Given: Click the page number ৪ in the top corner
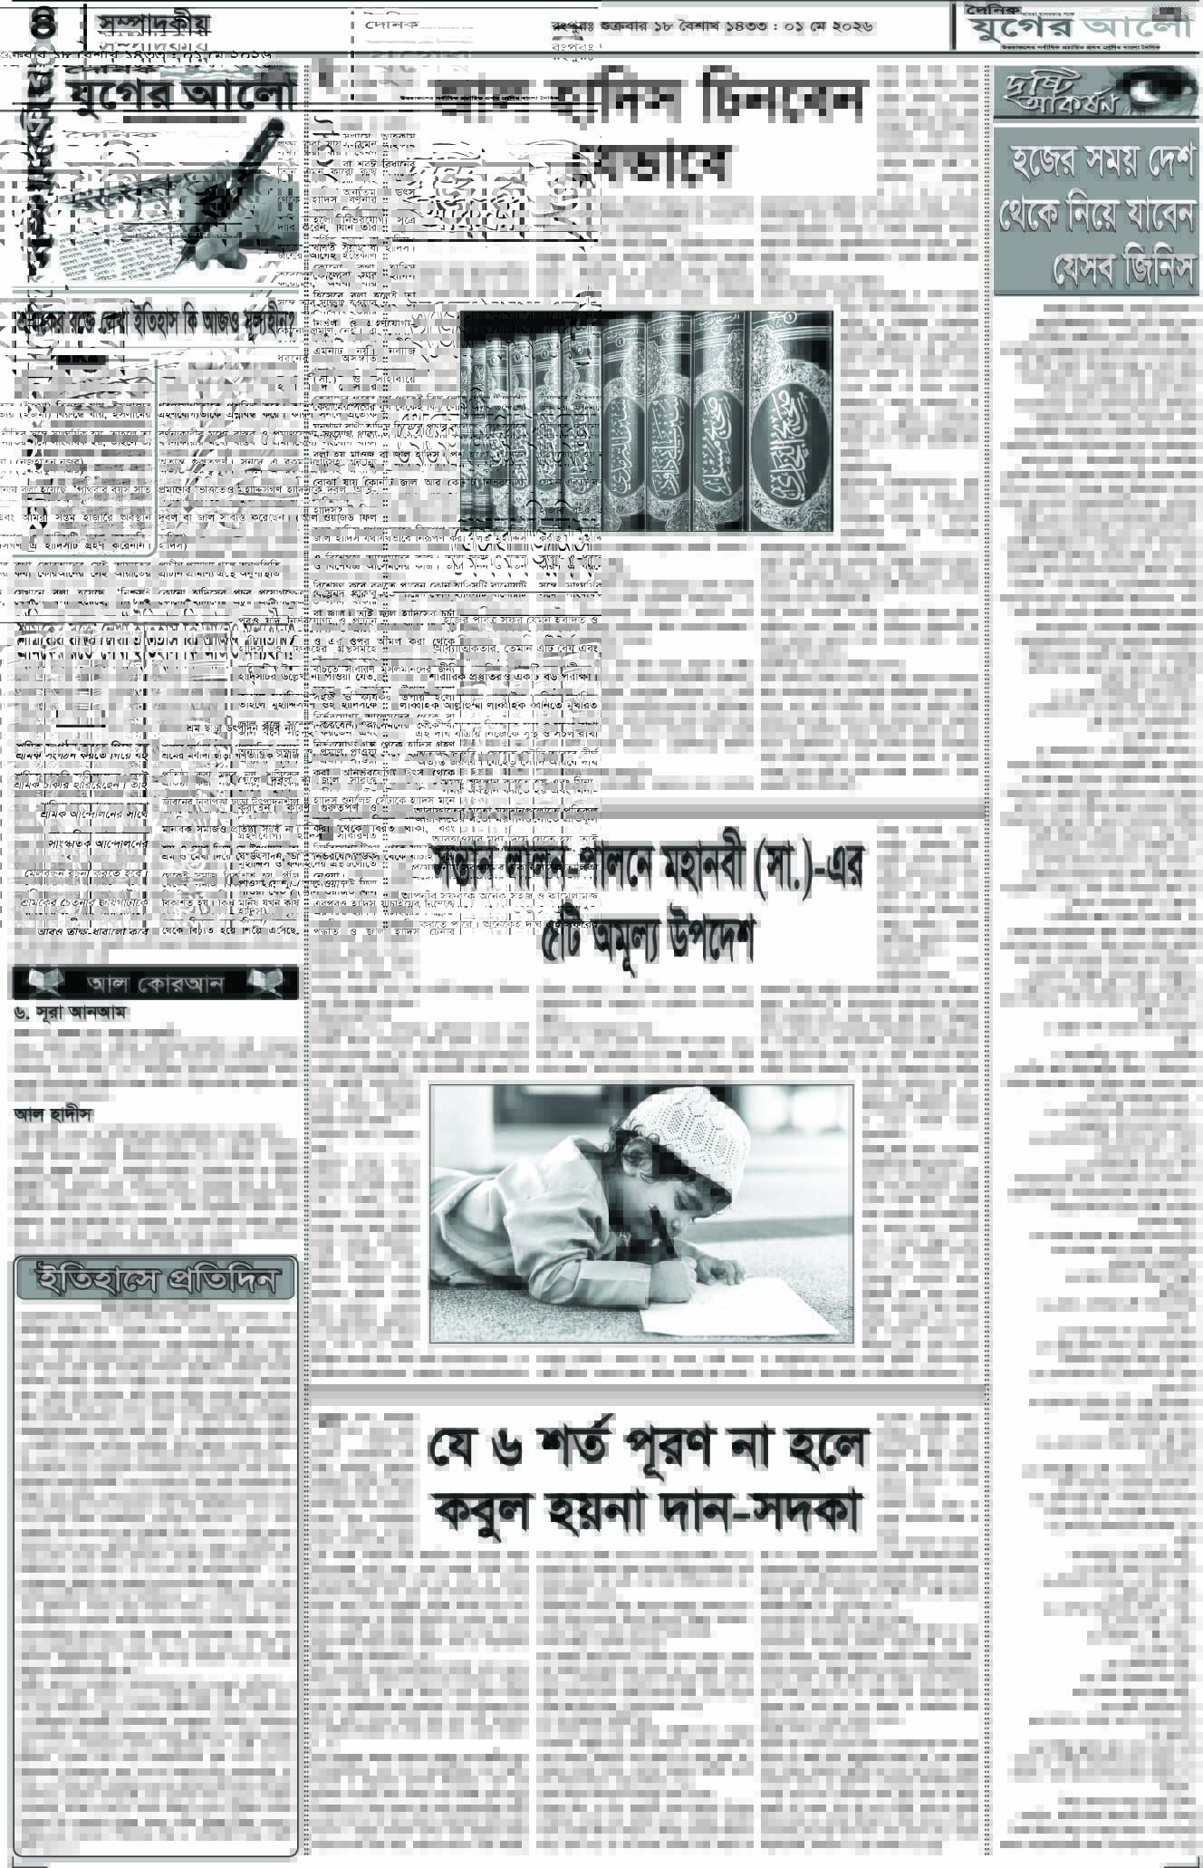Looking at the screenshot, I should (x=43, y=22).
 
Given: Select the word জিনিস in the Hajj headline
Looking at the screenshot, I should (x=1145, y=270).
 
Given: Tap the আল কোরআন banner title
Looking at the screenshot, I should (x=155, y=983).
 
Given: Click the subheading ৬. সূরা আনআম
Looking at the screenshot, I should (x=69, y=1014).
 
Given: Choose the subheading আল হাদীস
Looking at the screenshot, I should (x=53, y=1114).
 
